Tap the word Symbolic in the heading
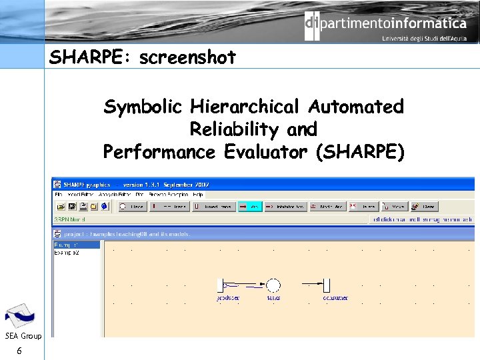click(143, 107)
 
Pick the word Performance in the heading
click(159, 152)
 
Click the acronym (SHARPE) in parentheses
click(360, 152)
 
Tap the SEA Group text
click(23, 335)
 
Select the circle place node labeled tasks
click(273, 285)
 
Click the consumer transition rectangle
click(327, 285)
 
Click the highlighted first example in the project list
click(76, 245)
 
